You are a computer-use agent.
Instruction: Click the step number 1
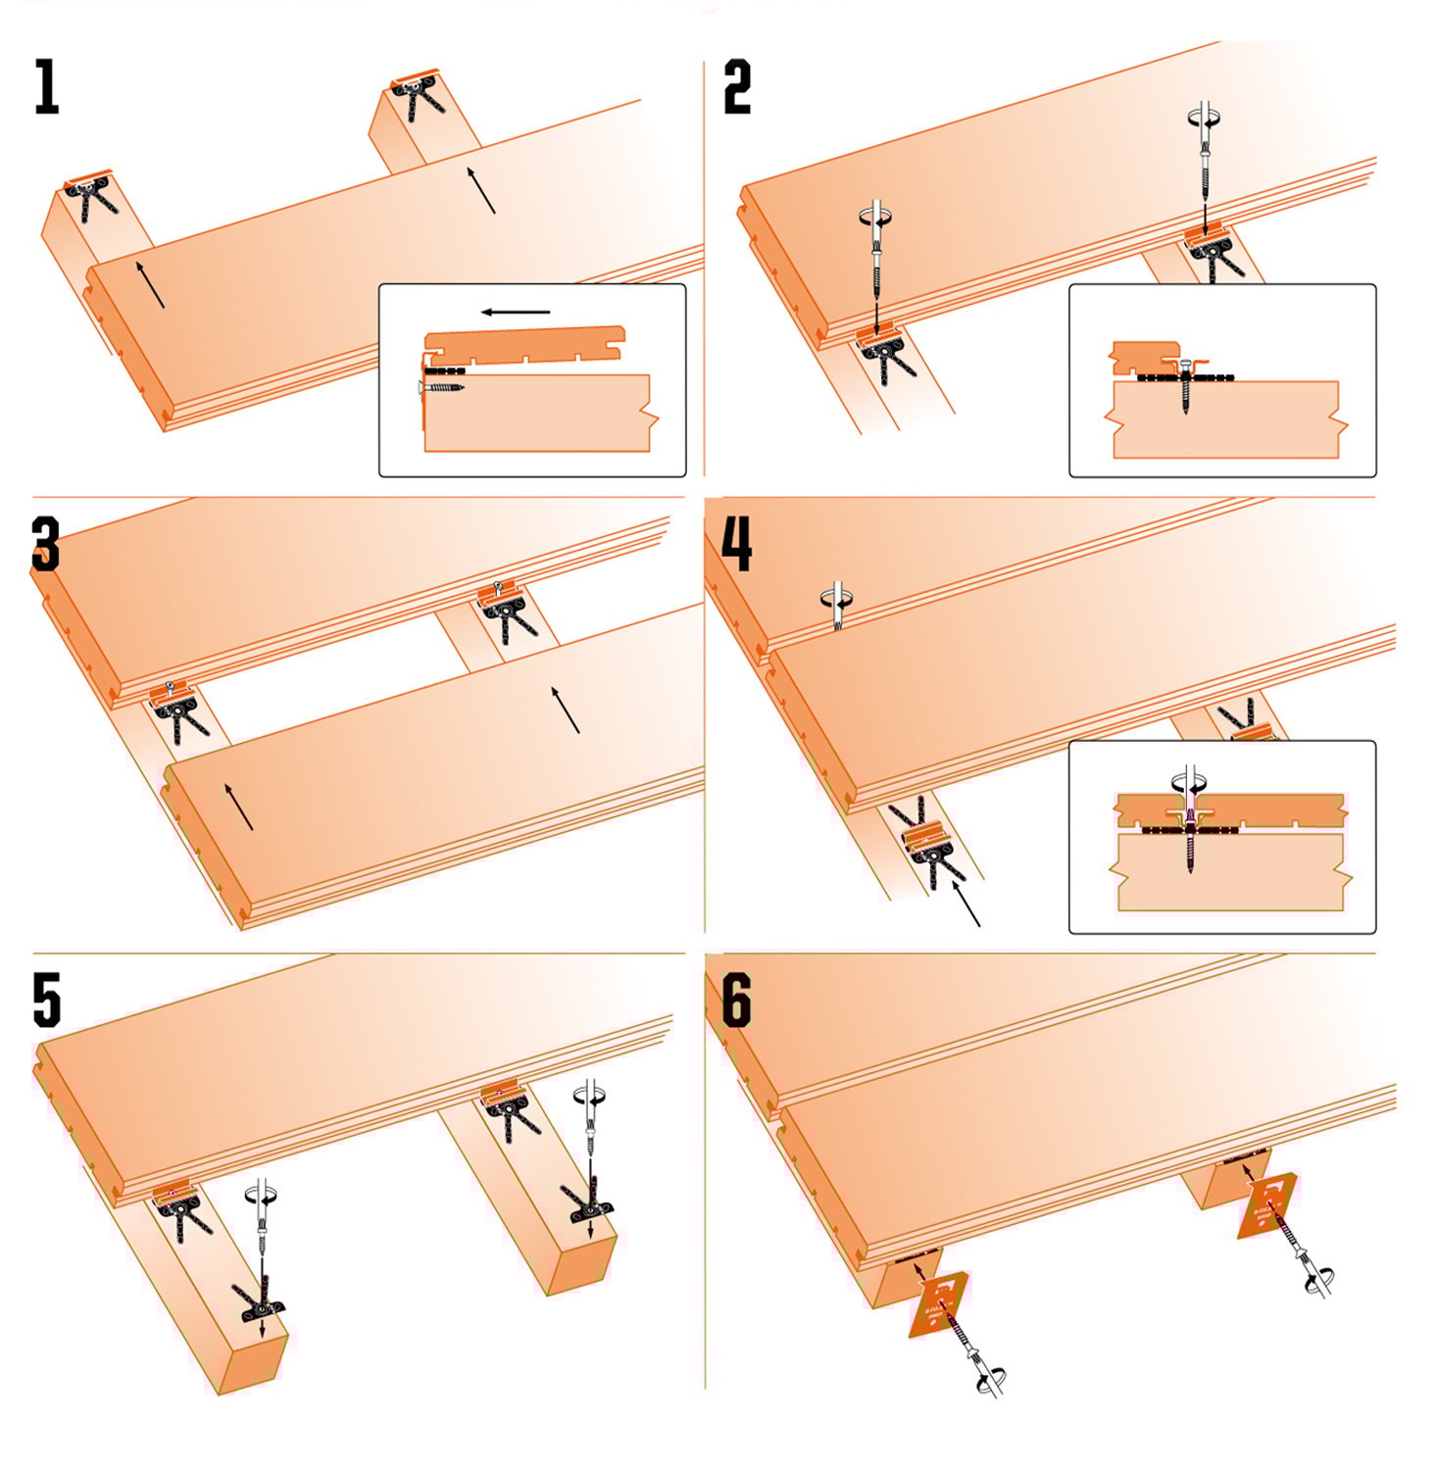coord(46,87)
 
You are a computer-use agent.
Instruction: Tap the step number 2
coord(737,87)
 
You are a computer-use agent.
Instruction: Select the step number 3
coord(46,545)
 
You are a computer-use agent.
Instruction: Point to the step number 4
coord(737,545)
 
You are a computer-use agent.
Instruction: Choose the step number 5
coord(46,1001)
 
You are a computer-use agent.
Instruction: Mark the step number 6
coord(737,1001)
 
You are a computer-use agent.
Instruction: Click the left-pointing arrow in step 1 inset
coord(516,313)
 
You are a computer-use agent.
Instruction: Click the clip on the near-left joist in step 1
coord(90,197)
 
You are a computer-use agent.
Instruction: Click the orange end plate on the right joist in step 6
coord(1268,1205)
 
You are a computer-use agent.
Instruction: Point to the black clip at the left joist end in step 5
coord(260,1302)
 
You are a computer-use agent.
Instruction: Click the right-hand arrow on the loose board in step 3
coord(566,710)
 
